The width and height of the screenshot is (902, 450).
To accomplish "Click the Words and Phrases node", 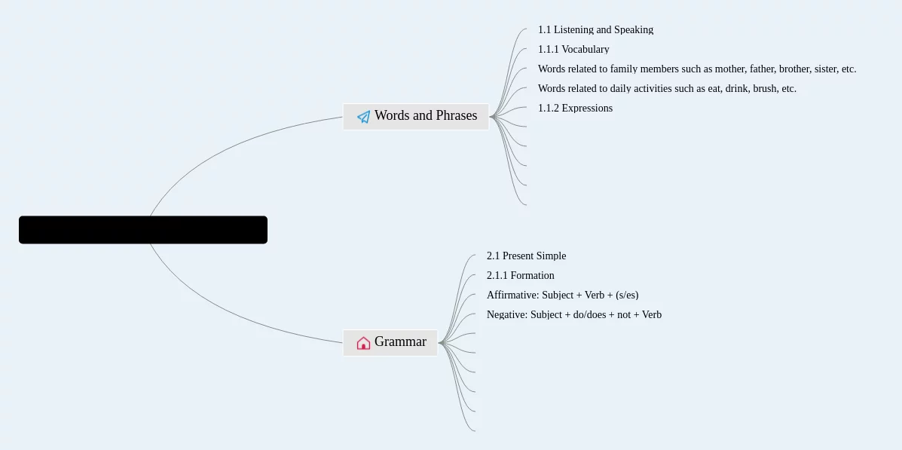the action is point(416,116).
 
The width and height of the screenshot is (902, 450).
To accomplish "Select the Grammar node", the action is point(390,342).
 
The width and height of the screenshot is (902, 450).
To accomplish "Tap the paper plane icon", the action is point(363,117).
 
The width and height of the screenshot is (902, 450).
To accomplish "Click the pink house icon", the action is point(363,343).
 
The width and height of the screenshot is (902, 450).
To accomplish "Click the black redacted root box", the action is point(143,230).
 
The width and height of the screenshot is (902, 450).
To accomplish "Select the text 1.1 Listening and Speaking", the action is point(595,30).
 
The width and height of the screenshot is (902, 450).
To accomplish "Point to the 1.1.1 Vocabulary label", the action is point(573,50).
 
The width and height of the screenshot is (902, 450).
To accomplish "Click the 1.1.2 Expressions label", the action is point(575,109).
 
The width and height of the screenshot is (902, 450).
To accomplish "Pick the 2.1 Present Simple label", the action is point(526,256).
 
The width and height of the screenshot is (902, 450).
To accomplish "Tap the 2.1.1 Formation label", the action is point(520,276).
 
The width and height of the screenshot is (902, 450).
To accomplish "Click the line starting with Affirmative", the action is point(562,295).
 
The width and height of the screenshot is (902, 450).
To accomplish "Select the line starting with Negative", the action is point(573,315).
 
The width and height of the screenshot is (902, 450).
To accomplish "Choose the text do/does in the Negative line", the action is point(589,315).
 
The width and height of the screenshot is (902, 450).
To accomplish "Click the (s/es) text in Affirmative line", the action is point(627,295).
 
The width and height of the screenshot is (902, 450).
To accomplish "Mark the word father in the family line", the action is point(762,69).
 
